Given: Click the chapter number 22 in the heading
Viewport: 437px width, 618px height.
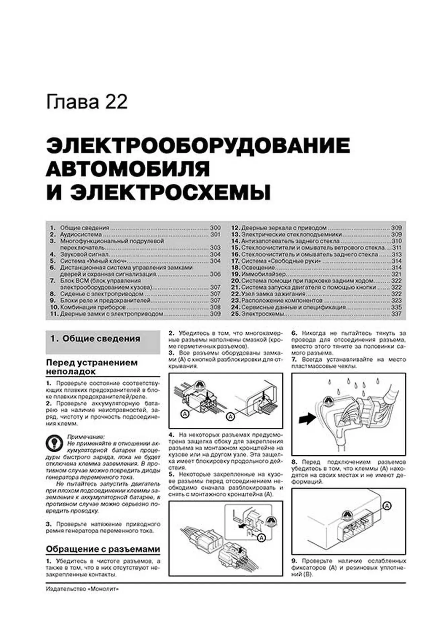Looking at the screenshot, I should (116, 102).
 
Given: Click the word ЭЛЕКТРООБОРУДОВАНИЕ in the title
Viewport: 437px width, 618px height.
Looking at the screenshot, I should (198, 146).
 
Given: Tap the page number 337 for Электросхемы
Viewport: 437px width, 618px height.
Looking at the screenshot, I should (396, 314).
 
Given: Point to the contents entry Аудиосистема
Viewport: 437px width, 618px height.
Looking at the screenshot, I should (81, 235).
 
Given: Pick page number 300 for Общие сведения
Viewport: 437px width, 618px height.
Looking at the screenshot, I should (215, 228).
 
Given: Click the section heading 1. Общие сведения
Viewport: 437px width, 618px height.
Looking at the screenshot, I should (95, 339).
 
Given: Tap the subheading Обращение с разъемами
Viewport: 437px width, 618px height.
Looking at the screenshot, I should (103, 549).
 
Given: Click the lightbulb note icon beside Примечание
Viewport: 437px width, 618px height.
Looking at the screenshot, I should (54, 443).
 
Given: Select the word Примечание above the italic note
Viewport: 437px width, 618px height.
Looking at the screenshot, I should (86, 437).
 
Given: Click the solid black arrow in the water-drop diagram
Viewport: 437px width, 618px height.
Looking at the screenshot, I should (307, 419).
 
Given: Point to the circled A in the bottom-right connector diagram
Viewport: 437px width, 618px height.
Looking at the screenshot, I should (387, 506).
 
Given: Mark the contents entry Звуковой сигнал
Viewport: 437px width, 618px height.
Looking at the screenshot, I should (84, 254).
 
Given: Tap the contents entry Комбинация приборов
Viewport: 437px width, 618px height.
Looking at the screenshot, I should (93, 307).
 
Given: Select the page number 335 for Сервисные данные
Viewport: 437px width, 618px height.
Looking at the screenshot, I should (396, 307).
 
